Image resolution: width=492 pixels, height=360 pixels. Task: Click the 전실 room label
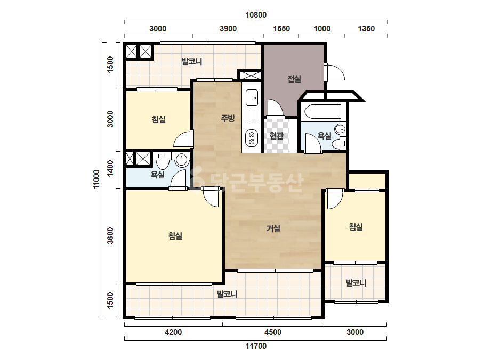[294, 78]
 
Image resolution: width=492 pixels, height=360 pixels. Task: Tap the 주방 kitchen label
[228, 118]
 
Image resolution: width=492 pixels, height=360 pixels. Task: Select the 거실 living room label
[273, 228]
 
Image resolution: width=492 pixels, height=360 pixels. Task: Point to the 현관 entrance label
[277, 135]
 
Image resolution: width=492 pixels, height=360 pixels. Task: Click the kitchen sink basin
[252, 97]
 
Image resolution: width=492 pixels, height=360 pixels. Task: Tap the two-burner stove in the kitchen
[252, 138]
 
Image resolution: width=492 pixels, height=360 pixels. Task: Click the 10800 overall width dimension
[256, 15]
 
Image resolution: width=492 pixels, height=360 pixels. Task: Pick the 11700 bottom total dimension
[256, 346]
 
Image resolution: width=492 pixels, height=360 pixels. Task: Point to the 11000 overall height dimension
[96, 179]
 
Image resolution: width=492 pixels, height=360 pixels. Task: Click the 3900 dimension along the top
[228, 29]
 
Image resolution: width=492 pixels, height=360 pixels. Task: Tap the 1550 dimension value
[281, 29]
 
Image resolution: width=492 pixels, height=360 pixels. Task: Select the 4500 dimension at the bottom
[273, 332]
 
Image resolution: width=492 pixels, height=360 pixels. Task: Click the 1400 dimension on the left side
[110, 168]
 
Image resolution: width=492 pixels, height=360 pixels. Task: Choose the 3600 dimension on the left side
[110, 236]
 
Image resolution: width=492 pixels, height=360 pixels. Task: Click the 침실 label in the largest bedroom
[175, 236]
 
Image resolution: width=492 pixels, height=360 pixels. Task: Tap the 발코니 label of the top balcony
[192, 61]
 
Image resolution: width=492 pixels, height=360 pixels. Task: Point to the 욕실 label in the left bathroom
[158, 174]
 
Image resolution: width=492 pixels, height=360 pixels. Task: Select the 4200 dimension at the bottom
[173, 332]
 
